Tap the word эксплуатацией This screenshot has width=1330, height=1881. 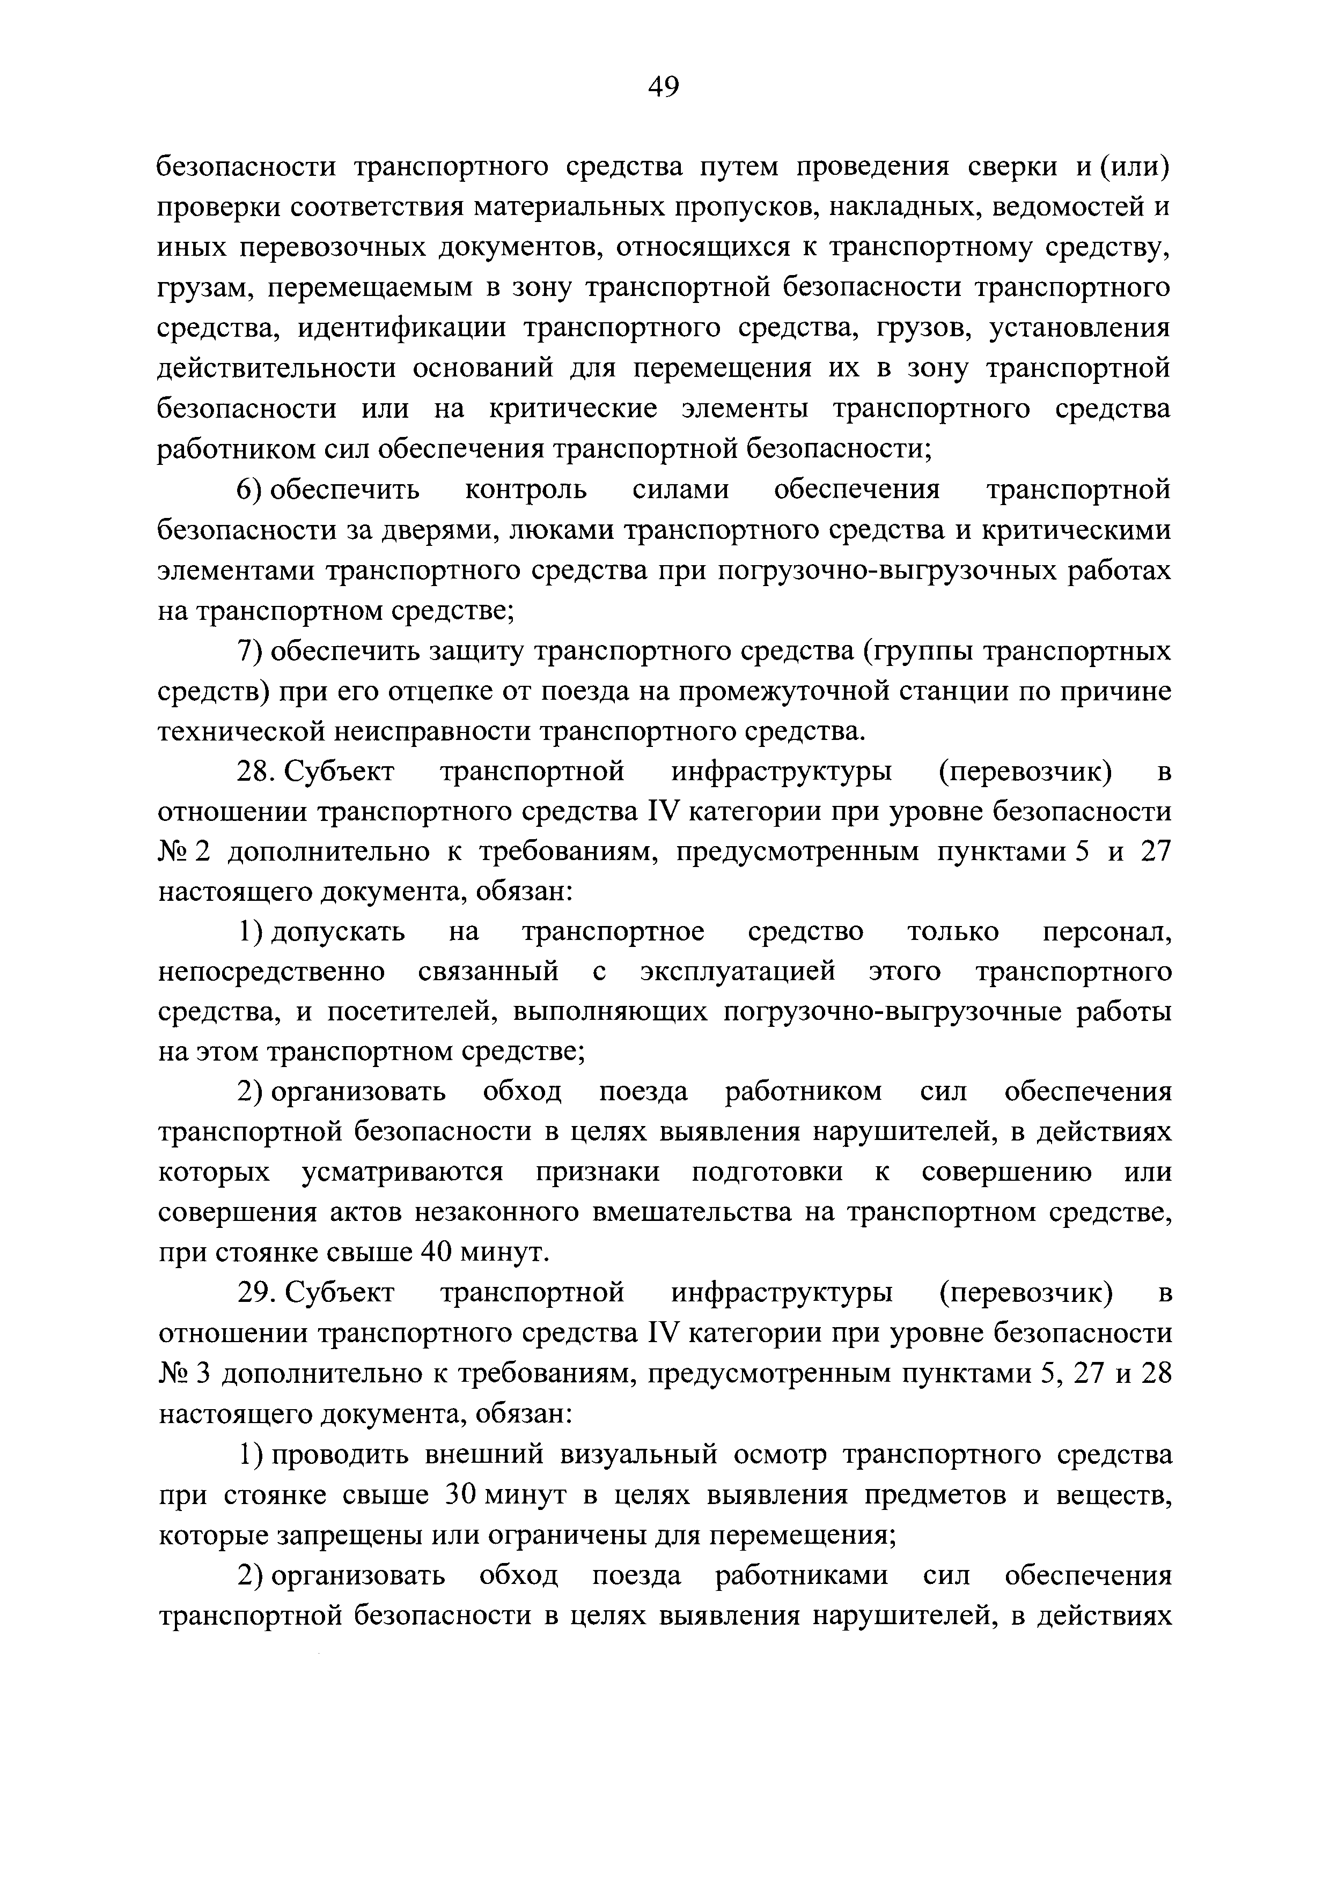coord(738,973)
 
